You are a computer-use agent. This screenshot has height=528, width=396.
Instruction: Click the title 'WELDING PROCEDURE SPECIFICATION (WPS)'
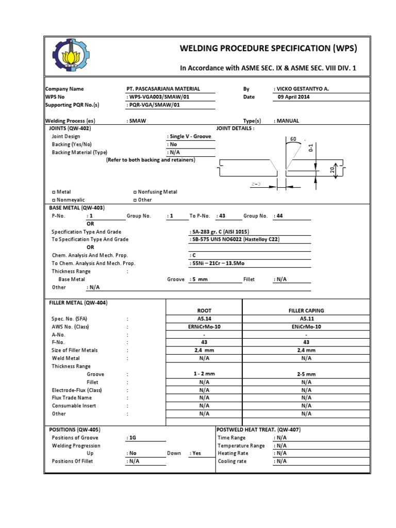[268, 48]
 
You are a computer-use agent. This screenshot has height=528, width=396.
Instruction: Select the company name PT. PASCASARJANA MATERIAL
[163, 89]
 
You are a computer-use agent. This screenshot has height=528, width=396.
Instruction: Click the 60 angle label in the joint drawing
[293, 139]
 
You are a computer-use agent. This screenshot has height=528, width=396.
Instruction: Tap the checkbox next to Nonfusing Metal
[135, 192]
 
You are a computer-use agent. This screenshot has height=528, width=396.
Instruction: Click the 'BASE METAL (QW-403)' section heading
[76, 207]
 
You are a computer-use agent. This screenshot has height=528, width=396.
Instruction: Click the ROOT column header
[204, 311]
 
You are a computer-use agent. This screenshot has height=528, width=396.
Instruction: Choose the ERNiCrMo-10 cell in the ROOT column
[204, 327]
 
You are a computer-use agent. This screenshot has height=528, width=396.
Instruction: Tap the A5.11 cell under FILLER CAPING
[306, 319]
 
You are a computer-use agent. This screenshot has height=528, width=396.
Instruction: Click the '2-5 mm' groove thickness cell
[306, 374]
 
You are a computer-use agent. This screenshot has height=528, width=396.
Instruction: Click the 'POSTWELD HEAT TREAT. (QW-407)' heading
[259, 430]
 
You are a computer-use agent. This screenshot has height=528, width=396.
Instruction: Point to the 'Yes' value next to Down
[196, 453]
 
